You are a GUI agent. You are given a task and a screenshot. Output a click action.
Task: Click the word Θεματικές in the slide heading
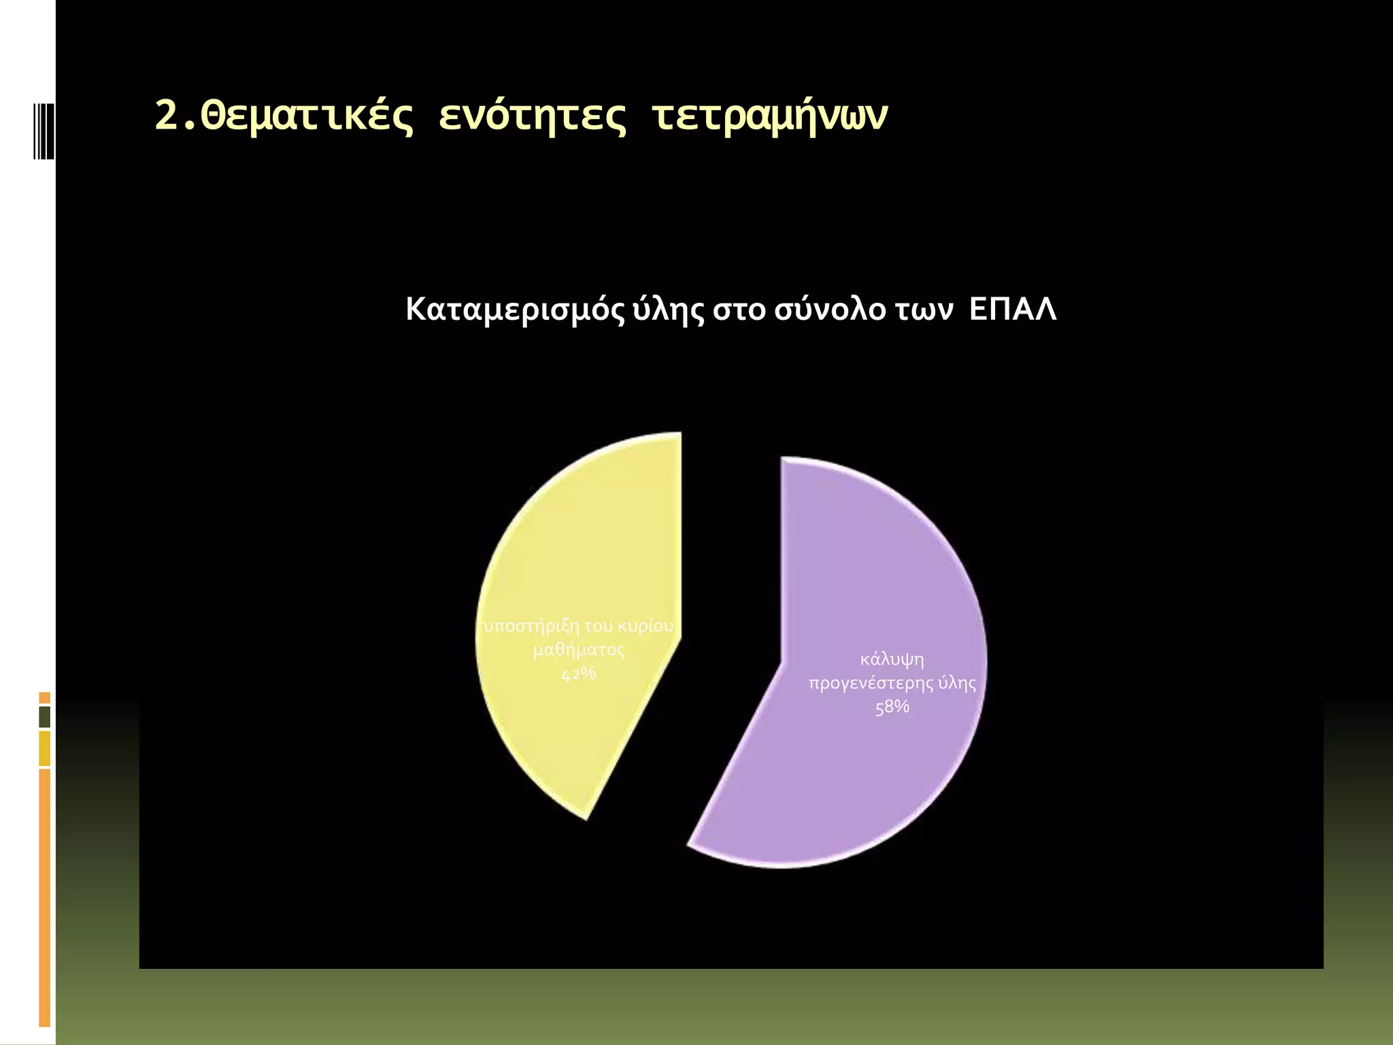[x=306, y=116]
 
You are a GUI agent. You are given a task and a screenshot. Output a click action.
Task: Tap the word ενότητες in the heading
[x=532, y=116]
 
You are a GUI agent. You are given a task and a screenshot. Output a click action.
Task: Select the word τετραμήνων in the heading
[x=769, y=116]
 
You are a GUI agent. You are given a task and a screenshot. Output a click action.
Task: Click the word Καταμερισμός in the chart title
[x=514, y=310]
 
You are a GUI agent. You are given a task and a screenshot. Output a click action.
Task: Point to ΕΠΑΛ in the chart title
[x=1013, y=310]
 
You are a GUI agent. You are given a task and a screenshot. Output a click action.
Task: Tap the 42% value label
[x=578, y=674]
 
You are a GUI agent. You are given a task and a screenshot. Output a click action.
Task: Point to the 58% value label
[x=892, y=707]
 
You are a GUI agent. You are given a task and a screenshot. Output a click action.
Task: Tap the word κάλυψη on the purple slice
[x=892, y=660]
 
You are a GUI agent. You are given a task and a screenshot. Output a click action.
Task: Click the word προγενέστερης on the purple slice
[x=870, y=684]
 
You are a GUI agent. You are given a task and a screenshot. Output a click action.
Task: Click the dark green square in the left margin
[x=45, y=717]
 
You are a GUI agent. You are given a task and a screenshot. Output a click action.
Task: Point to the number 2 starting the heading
[x=165, y=116]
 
